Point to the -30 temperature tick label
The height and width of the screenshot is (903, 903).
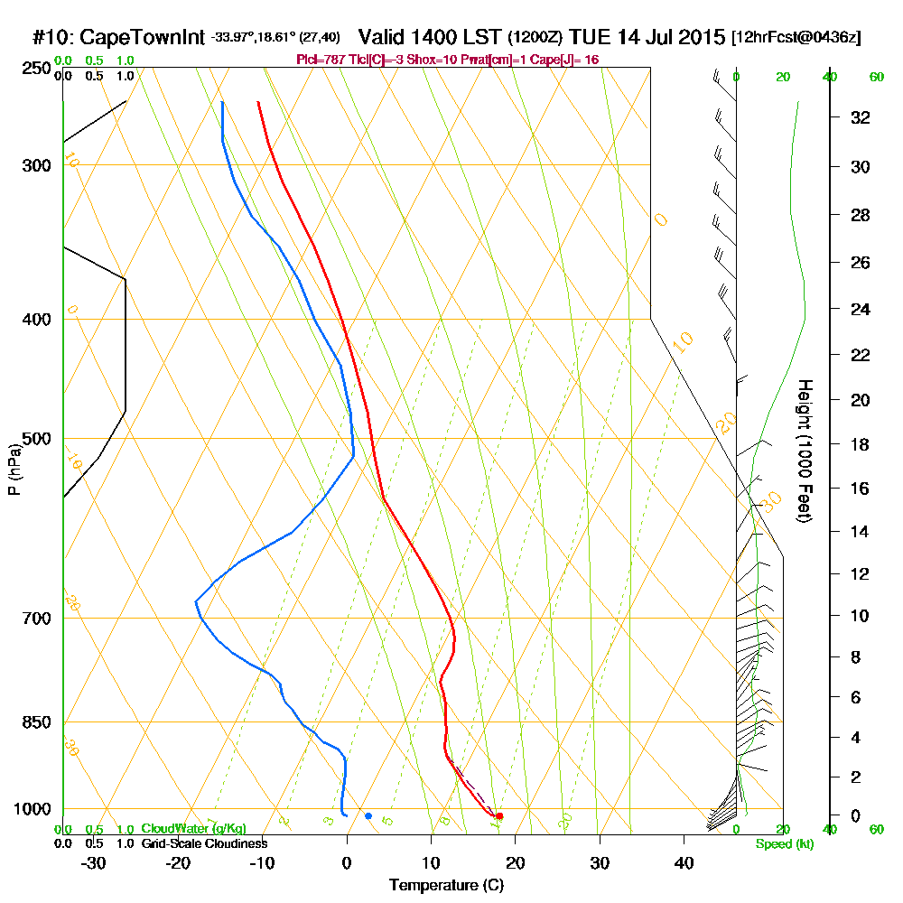94,862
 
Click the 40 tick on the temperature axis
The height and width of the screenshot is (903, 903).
684,862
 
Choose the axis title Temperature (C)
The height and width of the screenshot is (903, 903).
446,885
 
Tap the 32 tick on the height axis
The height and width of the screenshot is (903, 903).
861,117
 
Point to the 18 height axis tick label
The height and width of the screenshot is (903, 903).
861,444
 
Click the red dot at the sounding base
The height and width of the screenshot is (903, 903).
499,816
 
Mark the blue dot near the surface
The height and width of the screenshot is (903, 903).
368,816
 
